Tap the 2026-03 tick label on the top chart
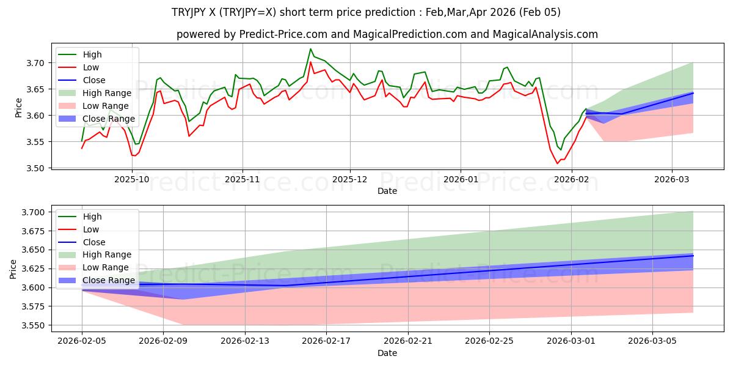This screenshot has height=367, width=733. click(672, 179)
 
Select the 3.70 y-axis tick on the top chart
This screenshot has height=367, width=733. click(36, 63)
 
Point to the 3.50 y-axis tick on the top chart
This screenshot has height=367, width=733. click(36, 168)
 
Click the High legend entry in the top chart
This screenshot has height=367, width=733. click(92, 54)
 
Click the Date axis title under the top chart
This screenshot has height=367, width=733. click(387, 191)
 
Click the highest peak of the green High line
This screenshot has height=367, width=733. click(310, 49)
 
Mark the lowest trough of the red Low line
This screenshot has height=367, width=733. click(557, 163)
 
